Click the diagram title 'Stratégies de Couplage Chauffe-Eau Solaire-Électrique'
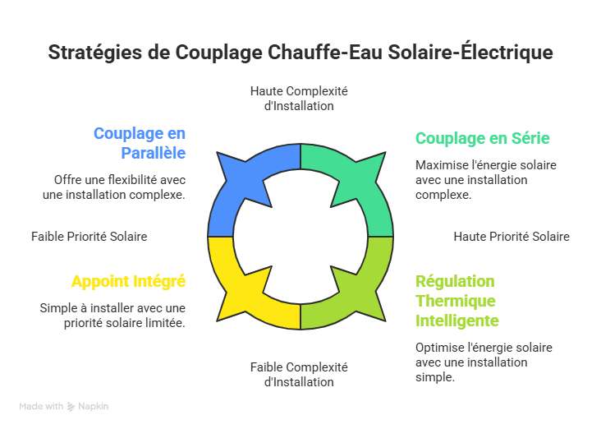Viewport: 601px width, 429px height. [x=300, y=53]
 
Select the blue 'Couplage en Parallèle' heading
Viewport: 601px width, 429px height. [x=140, y=143]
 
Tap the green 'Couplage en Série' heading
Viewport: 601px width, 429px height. [x=483, y=138]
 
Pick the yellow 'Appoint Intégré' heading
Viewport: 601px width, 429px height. [x=128, y=281]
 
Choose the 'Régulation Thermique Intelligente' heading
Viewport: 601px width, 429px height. [x=456, y=301]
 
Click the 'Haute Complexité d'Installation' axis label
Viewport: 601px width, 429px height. [x=299, y=99]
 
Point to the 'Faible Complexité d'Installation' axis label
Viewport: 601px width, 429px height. [x=299, y=375]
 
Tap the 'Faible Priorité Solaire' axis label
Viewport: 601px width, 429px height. [x=89, y=237]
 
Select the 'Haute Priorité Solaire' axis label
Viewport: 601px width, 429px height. [x=512, y=237]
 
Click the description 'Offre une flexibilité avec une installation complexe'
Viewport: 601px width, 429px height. [x=114, y=187]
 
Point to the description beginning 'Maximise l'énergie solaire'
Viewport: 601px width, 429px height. [x=485, y=180]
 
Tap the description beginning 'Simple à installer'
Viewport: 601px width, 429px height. [x=112, y=316]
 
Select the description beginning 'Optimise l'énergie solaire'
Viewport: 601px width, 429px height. [x=484, y=362]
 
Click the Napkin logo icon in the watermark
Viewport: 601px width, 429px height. [x=71, y=407]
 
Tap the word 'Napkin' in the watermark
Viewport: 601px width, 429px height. [x=93, y=406]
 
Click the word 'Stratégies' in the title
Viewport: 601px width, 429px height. [x=95, y=53]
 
